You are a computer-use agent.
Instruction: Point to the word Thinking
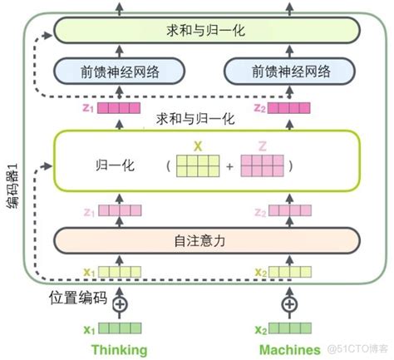click(119, 349)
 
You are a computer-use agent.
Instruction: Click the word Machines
click(288, 349)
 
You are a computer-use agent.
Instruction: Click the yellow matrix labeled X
click(199, 165)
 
